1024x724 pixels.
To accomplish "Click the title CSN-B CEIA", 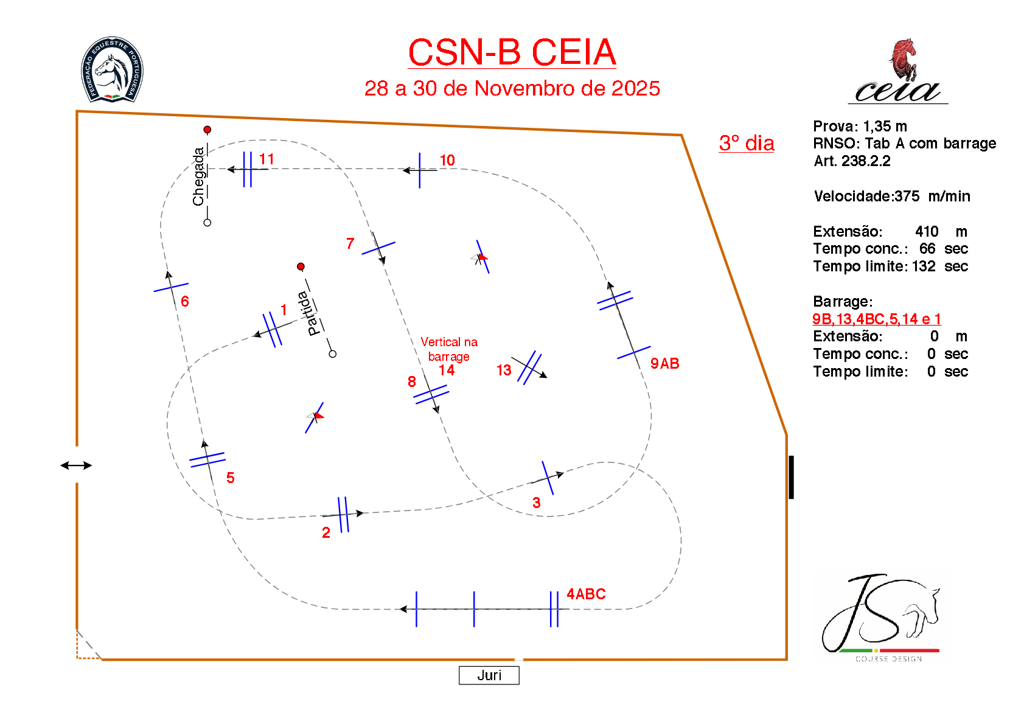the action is pyautogui.click(x=512, y=52).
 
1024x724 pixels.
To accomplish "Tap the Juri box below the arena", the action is pyautogui.click(x=489, y=675).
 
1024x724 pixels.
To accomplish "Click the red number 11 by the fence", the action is pyautogui.click(x=266, y=159).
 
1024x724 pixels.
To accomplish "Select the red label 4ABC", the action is pyautogui.click(x=586, y=594).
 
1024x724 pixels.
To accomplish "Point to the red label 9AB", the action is pyautogui.click(x=664, y=363).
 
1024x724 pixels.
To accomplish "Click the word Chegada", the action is pyautogui.click(x=198, y=176).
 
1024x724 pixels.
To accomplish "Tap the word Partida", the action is pyautogui.click(x=309, y=313).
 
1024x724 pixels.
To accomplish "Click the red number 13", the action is pyautogui.click(x=504, y=371).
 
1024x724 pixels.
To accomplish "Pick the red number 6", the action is pyautogui.click(x=185, y=301).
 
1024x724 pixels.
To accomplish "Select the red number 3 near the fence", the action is pyautogui.click(x=537, y=503).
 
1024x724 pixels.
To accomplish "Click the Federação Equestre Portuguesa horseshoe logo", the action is pyautogui.click(x=112, y=69).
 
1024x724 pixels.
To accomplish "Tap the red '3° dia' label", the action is pyautogui.click(x=747, y=143).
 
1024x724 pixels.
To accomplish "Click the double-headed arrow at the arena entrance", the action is pyautogui.click(x=76, y=465).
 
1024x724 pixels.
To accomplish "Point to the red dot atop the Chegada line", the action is pyautogui.click(x=207, y=130).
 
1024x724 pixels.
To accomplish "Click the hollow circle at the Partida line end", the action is pyautogui.click(x=333, y=353).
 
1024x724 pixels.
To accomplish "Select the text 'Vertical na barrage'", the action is pyautogui.click(x=449, y=349).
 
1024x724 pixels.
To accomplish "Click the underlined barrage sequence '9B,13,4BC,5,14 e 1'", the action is pyautogui.click(x=876, y=319).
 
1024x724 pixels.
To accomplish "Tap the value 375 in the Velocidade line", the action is pyautogui.click(x=907, y=196).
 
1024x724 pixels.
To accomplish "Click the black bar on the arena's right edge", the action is pyautogui.click(x=792, y=477).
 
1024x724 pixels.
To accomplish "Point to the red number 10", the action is pyautogui.click(x=447, y=160).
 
